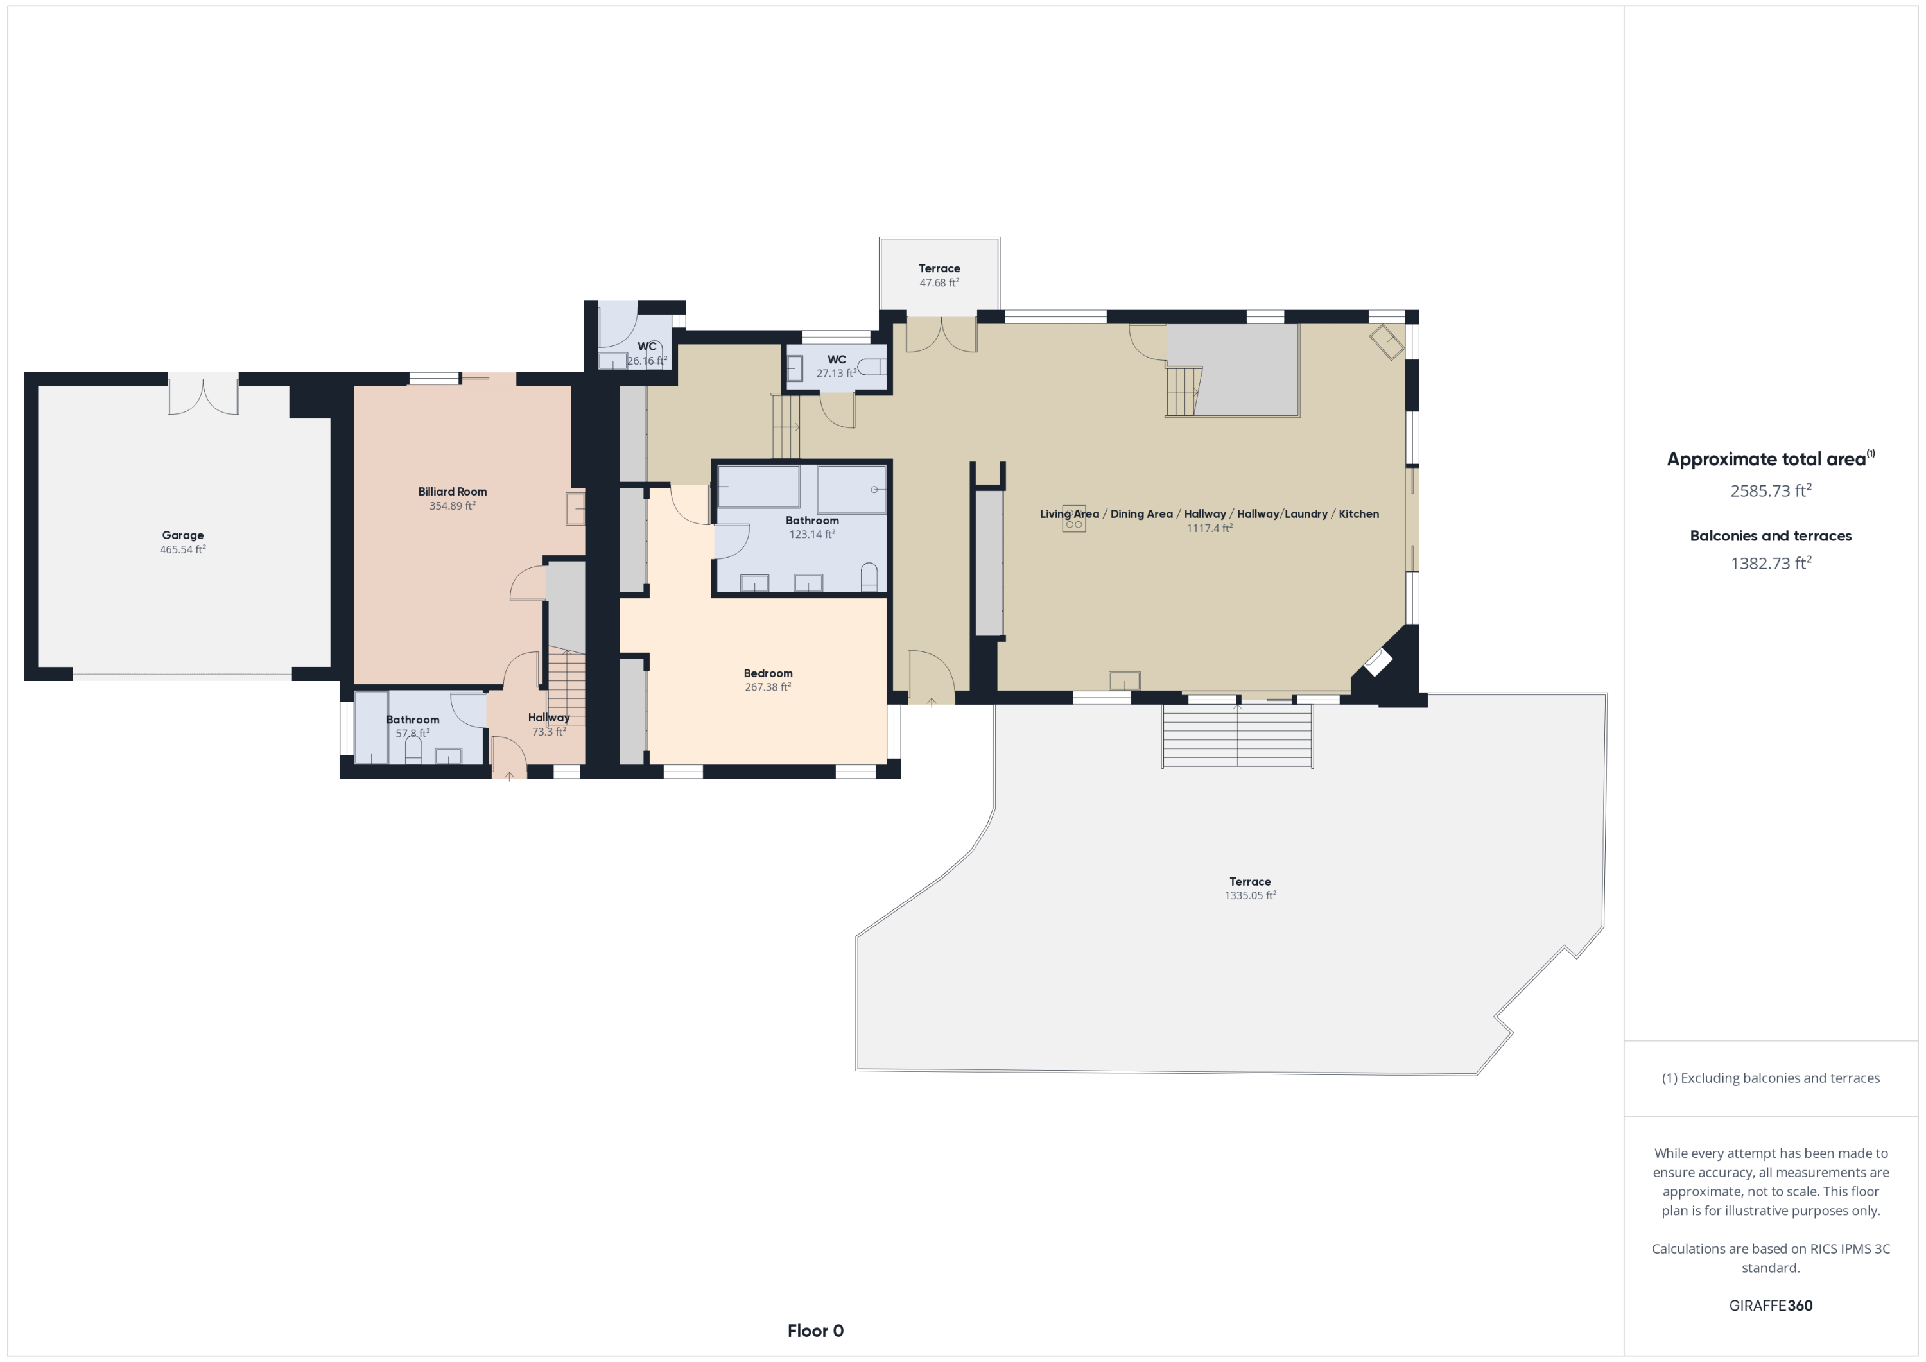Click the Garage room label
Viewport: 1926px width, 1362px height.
(x=183, y=535)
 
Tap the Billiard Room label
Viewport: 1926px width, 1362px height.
(x=452, y=492)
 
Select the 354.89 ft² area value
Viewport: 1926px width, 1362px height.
(x=452, y=506)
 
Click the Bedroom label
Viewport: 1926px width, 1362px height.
(x=768, y=673)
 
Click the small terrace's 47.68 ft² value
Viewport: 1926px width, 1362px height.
(x=939, y=282)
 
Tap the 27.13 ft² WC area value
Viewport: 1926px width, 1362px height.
(x=837, y=373)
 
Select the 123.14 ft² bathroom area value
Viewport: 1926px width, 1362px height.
(x=812, y=534)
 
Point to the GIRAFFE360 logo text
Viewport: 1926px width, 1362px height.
(x=1771, y=1305)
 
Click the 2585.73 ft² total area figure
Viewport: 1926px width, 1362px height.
(x=1771, y=490)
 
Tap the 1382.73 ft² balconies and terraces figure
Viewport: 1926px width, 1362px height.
(x=1771, y=563)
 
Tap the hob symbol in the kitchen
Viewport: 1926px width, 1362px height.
(x=1073, y=519)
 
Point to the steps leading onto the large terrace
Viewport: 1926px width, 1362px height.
(x=1237, y=736)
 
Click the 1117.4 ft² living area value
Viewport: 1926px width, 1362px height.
(x=1209, y=528)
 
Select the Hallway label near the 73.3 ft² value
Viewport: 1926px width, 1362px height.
(x=549, y=717)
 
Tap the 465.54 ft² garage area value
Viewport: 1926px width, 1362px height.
(x=183, y=549)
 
